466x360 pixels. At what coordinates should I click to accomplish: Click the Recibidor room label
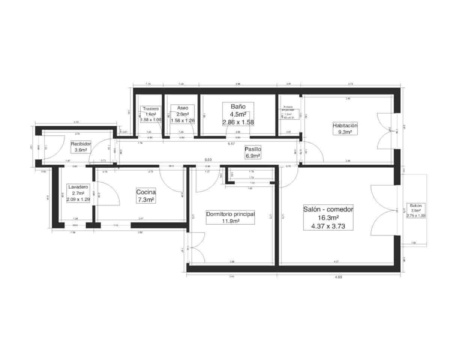coord(81,144)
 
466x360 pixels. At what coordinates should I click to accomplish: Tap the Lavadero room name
coord(78,186)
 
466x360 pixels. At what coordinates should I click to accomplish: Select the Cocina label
coord(146,192)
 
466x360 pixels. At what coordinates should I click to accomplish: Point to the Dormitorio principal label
coord(230,214)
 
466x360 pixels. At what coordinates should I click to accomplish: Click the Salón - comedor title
coord(328,209)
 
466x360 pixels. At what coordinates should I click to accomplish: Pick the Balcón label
coord(416,205)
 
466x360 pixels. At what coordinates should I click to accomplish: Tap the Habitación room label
coord(345,125)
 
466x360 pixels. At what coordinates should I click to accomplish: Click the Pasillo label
coord(253,149)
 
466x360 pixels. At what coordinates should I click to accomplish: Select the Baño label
coord(238,106)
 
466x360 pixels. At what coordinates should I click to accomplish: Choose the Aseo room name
coord(182,108)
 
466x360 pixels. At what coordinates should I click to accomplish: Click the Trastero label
coord(151,109)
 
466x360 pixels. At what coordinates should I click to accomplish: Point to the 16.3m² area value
coord(328,218)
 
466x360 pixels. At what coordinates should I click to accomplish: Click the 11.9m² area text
coord(230,221)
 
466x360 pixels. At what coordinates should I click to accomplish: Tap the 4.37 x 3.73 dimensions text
coord(328,226)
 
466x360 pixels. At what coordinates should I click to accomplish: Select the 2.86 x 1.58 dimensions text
coord(238,122)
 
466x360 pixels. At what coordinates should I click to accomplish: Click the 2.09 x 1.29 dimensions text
coord(78,199)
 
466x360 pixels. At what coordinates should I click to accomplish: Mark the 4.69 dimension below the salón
coord(338,277)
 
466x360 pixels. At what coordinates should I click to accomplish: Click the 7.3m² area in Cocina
coord(146,200)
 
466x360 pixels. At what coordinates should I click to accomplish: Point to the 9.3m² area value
coord(345,132)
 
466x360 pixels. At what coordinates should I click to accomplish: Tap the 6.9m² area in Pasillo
coord(253,156)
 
